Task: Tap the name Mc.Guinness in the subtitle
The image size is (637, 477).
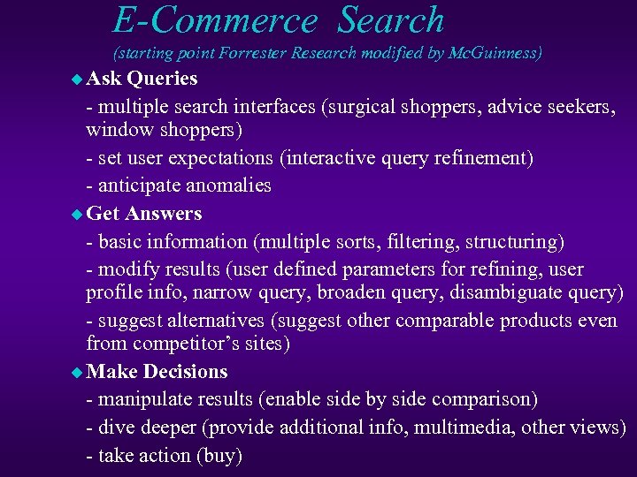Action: point(495,53)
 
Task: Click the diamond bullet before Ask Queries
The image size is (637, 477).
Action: point(76,79)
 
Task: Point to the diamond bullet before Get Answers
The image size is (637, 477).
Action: point(76,215)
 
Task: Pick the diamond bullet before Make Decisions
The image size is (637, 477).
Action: point(76,372)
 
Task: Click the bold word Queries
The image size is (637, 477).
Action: point(162,79)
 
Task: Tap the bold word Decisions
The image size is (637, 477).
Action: point(185,371)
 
